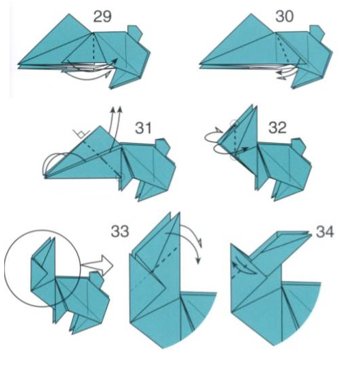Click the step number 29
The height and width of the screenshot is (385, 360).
pos(103,17)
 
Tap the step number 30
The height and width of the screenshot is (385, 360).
pos(284,16)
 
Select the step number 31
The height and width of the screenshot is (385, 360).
pos(144,128)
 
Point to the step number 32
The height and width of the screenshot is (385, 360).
pos(277,128)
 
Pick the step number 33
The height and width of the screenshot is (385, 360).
pos(120,231)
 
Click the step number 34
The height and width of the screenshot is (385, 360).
pos(325,232)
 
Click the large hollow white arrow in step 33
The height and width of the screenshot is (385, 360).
pos(98,265)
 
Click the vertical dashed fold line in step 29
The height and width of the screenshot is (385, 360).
pos(94,47)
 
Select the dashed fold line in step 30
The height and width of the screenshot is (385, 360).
pos(283,49)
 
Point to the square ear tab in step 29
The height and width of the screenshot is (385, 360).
pos(134,32)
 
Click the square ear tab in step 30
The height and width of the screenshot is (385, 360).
pos(317,32)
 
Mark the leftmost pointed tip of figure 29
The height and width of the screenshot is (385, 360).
pos(18,64)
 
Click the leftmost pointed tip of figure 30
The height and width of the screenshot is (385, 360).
pos(200,64)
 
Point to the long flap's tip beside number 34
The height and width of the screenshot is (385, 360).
pos(311,233)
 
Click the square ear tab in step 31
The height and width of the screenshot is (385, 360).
pos(162,146)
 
